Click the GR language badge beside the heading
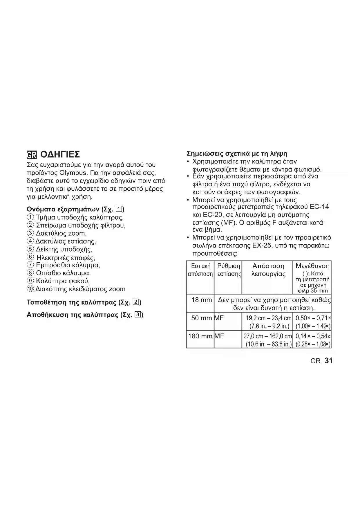(x=31, y=155)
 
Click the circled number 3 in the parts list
(x=30, y=233)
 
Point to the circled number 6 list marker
(x=30, y=257)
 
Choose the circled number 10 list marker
(x=30, y=289)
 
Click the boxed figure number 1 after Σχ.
(x=119, y=209)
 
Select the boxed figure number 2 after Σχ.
(x=136, y=302)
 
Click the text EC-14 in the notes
(x=319, y=207)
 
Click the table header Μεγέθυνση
(x=312, y=266)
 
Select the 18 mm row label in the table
(x=202, y=300)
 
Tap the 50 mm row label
(x=202, y=318)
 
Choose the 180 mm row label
(x=200, y=336)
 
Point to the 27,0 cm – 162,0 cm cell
(x=267, y=336)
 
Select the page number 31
(x=329, y=361)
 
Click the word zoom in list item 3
(x=77, y=233)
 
